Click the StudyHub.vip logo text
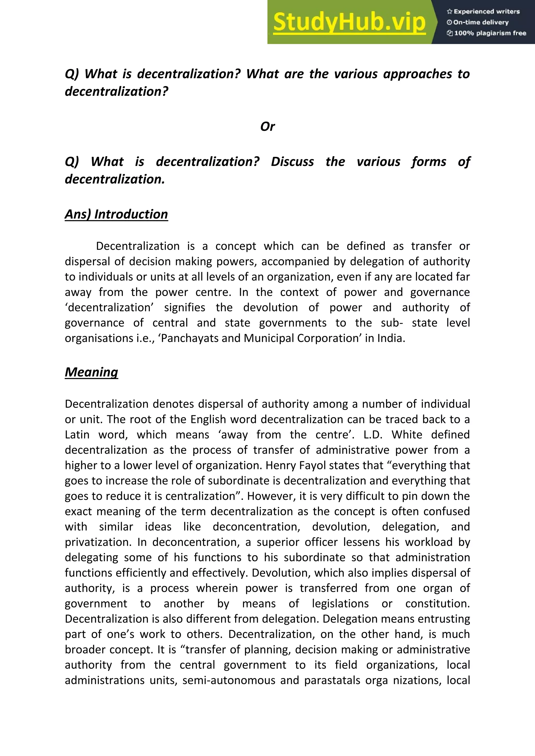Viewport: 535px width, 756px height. (x=349, y=22)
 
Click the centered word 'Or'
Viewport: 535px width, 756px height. (x=267, y=126)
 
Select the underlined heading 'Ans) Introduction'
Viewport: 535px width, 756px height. (x=116, y=214)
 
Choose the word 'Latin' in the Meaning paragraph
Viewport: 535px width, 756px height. (x=77, y=435)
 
